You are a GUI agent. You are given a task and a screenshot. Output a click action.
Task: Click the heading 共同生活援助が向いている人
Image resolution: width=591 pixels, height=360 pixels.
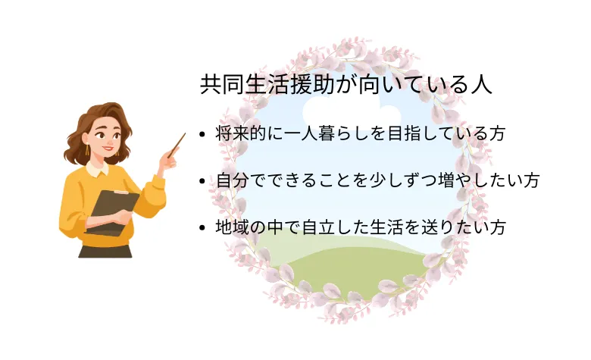(346, 84)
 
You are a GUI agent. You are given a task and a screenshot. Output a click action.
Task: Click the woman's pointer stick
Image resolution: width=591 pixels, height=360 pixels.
(177, 145)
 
